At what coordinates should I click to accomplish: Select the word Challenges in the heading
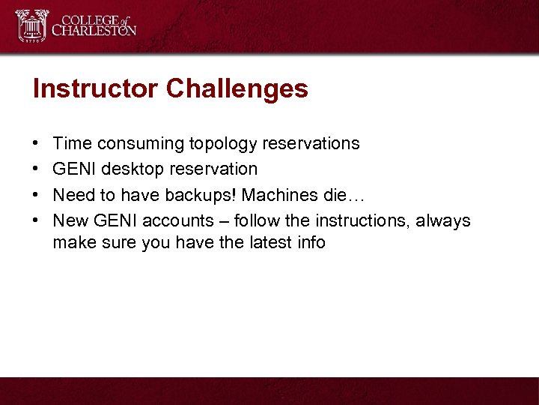coord(237,88)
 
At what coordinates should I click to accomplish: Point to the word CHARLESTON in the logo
coord(94,31)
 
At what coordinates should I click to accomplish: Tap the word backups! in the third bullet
coord(215,195)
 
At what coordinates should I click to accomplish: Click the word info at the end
coord(309,242)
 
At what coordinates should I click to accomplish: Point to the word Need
coord(73,195)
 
